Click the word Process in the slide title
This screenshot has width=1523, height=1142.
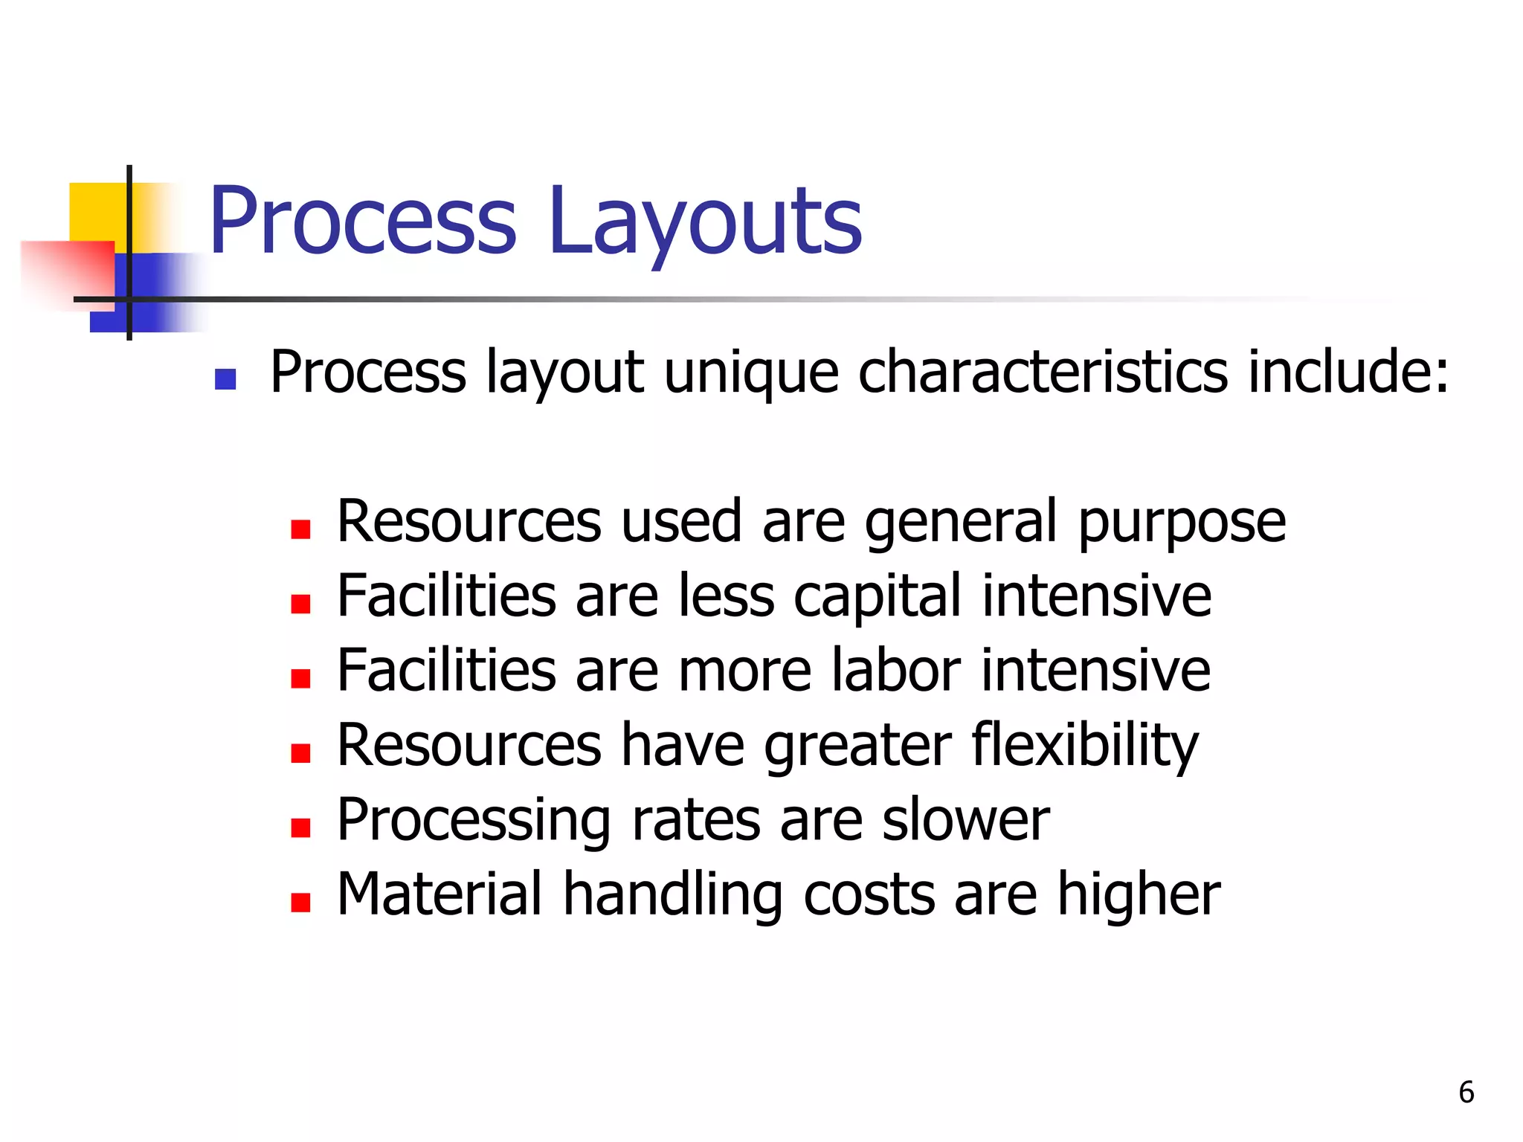(363, 221)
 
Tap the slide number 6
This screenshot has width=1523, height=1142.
(1466, 1092)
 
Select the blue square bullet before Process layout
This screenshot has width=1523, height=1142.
(225, 380)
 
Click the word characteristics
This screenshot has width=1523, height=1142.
(1043, 371)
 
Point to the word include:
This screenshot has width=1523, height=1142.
(1347, 371)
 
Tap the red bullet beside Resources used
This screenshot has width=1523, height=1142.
(300, 529)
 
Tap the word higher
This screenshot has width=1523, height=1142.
(1139, 895)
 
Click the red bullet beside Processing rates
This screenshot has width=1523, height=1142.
(300, 828)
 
